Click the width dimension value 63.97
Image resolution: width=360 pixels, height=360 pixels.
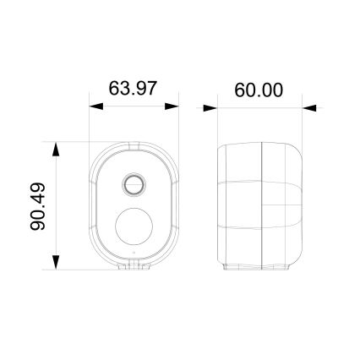click(134, 89)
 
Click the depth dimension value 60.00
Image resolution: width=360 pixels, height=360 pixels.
click(259, 90)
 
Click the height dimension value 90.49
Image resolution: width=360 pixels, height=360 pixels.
click(37, 206)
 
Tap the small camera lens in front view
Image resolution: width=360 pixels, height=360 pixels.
click(134, 183)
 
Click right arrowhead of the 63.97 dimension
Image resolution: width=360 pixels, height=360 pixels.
click(172, 107)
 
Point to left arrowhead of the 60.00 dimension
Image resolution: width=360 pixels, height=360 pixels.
click(210, 108)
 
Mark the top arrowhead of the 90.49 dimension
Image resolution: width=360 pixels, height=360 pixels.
click(56, 150)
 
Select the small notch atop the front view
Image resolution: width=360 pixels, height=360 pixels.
click(134, 143)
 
